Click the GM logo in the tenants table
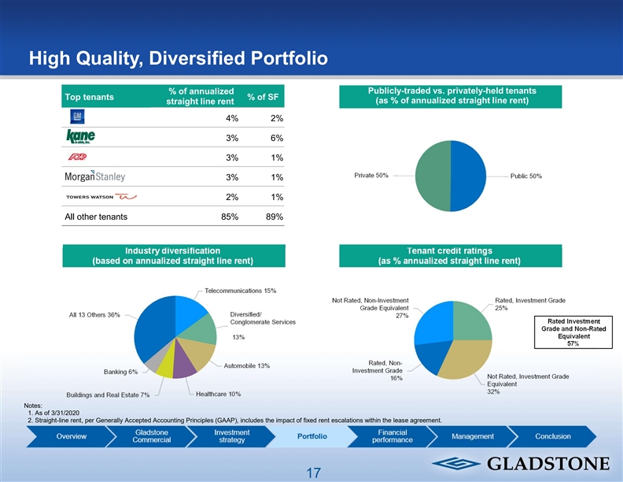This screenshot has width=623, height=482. click(x=76, y=117)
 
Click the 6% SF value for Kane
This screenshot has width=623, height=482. click(x=276, y=138)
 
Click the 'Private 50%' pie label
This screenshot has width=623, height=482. click(x=370, y=175)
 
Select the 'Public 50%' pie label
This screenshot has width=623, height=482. click(x=526, y=176)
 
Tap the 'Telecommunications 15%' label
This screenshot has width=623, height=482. click(x=241, y=291)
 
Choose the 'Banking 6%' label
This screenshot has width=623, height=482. click(x=121, y=372)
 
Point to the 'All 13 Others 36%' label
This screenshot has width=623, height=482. click(x=94, y=315)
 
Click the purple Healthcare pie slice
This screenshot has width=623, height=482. click(x=184, y=364)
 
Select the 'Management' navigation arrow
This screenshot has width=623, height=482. click(x=474, y=436)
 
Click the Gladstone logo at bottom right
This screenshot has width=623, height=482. click(x=520, y=462)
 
